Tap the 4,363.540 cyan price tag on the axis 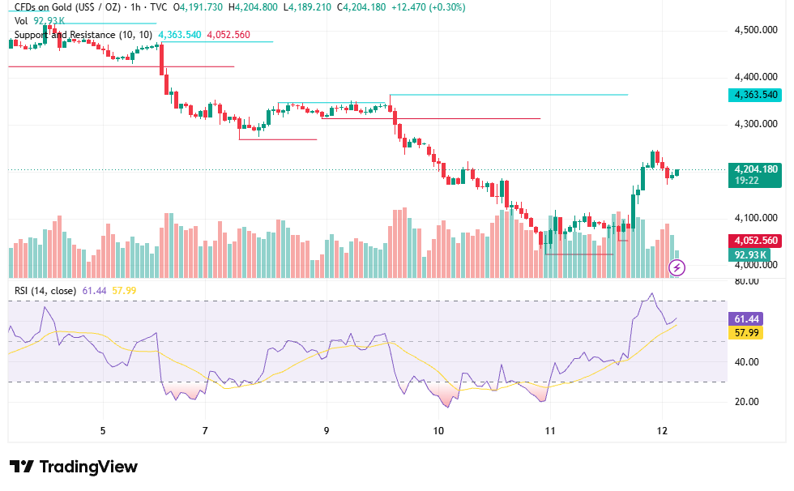[754, 95]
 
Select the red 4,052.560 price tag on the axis [754, 241]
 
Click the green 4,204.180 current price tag [754, 175]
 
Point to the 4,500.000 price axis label [756, 30]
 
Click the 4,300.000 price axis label [756, 124]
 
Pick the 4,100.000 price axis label [756, 218]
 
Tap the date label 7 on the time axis [205, 431]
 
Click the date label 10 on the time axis [438, 431]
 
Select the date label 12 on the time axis [662, 431]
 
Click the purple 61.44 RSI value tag [746, 319]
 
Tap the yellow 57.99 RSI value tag [746, 332]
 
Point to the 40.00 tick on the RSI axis [746, 362]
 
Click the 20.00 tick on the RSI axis [746, 402]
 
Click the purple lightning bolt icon [677, 267]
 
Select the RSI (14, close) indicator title [45, 291]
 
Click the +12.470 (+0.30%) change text [429, 7]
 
